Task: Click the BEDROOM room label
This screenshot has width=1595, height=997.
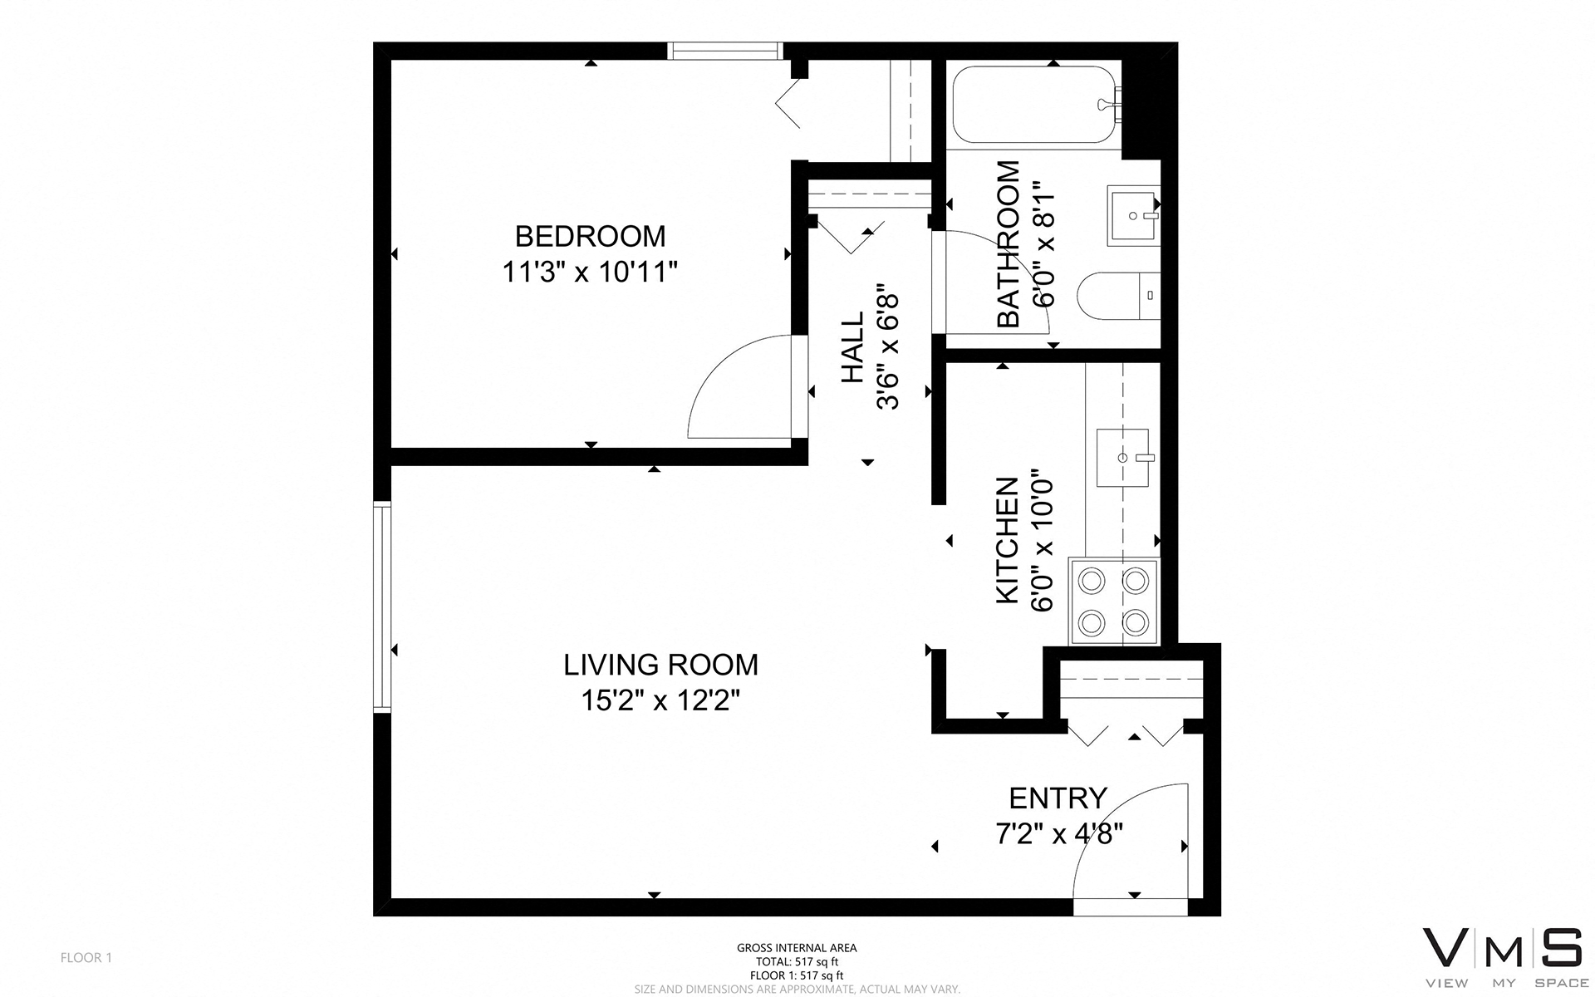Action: point(590,237)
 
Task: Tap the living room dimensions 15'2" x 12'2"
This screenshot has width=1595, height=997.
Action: point(660,701)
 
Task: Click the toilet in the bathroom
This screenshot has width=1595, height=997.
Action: point(1117,295)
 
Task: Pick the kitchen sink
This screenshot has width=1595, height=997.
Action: point(1122,458)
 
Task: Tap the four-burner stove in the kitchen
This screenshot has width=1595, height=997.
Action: point(1114,600)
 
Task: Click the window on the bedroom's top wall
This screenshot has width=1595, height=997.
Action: point(725,51)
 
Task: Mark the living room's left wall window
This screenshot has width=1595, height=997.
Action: point(382,607)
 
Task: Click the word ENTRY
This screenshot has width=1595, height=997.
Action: point(1058,798)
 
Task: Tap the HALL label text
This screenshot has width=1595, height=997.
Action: point(852,347)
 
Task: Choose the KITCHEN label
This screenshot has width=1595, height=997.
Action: point(1007,540)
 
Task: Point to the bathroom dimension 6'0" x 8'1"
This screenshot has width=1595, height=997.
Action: point(1043,245)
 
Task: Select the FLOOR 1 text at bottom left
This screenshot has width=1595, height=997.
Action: point(86,958)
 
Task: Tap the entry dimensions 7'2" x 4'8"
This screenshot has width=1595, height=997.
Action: point(1058,832)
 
